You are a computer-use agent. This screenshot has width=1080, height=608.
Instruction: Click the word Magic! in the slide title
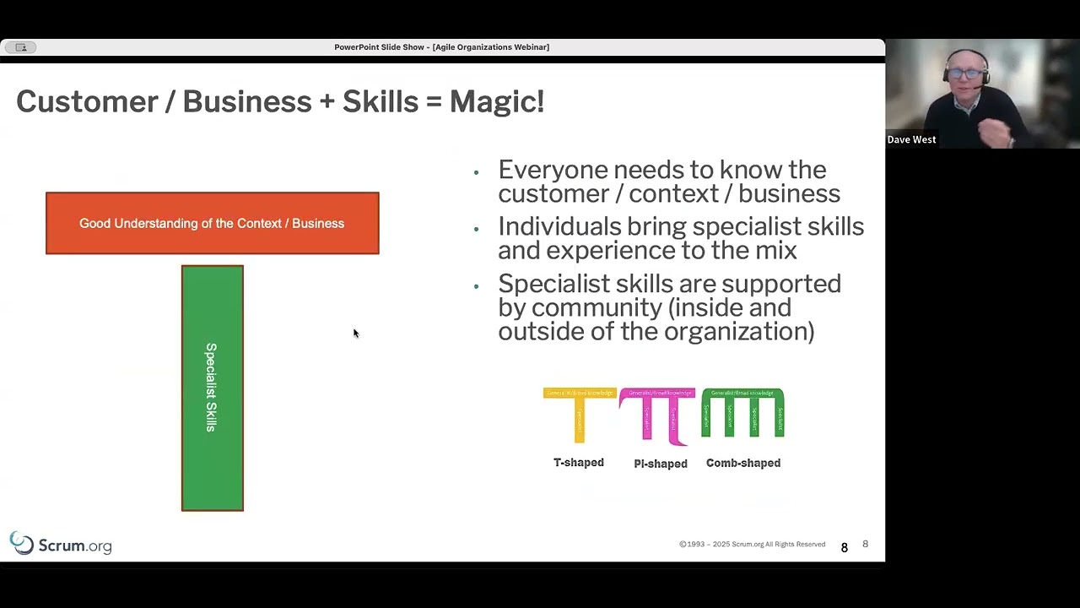496,102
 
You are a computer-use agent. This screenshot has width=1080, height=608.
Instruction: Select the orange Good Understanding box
212,223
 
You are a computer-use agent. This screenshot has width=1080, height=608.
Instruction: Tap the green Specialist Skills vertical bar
212,388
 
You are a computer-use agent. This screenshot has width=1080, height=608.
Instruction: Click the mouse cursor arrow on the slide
355,334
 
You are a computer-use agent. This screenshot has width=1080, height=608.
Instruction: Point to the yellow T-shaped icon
579,414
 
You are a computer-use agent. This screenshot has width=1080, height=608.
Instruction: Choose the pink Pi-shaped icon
658,415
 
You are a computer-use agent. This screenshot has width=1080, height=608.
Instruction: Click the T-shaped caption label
579,463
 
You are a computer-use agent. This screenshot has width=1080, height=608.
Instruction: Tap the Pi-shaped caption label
661,464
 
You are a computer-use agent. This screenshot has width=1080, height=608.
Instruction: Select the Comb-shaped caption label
743,463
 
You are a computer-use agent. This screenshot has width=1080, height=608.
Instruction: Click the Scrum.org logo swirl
21,543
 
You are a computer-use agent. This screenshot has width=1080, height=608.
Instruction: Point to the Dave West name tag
911,139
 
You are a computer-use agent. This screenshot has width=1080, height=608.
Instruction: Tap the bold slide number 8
844,548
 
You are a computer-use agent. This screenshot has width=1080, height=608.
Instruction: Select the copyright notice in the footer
752,545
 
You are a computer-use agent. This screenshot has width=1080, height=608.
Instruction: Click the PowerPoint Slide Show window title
441,47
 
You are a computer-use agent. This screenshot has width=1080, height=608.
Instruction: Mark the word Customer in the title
87,102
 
